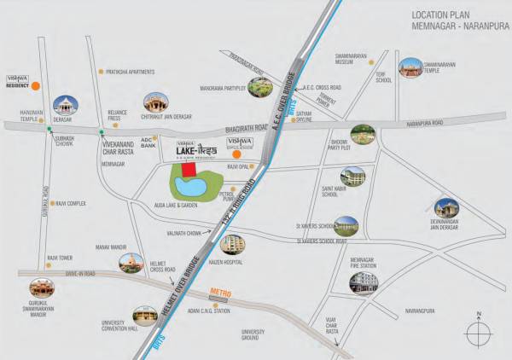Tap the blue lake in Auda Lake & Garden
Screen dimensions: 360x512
[x=191, y=185]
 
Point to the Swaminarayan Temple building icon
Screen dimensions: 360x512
[x=411, y=68]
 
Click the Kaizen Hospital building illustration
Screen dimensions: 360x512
[x=231, y=245]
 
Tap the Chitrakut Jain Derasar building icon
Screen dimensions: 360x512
[x=155, y=104]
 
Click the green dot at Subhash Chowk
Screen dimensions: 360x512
[x=50, y=130]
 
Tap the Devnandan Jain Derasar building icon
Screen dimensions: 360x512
[x=446, y=209]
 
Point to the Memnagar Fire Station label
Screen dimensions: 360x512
[x=364, y=264]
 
